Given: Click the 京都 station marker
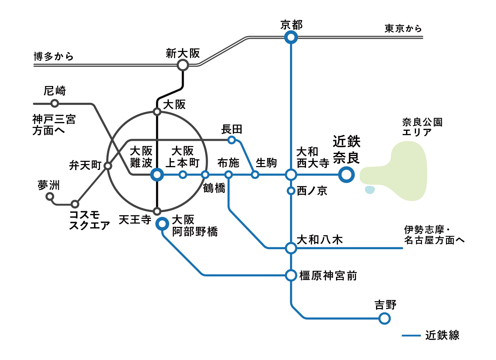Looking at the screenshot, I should (x=291, y=38).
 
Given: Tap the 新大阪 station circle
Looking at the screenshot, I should (x=183, y=65).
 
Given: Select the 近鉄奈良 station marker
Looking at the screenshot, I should (x=346, y=175).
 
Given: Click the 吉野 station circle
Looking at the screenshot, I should (x=384, y=318).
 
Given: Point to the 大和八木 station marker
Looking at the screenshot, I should (x=291, y=248).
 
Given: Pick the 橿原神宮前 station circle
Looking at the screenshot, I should (x=291, y=275).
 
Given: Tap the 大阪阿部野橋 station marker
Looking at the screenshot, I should (x=162, y=224).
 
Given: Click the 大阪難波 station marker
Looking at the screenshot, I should (x=157, y=175).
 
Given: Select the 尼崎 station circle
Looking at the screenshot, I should (x=55, y=104).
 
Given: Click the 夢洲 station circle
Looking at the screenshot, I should (x=50, y=196).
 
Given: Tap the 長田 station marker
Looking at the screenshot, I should (x=231, y=140).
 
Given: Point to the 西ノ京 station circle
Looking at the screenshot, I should (x=291, y=191).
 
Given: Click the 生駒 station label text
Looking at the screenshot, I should (x=266, y=163).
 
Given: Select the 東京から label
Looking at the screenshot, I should (x=403, y=29).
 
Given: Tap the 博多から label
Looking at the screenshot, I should (x=54, y=56).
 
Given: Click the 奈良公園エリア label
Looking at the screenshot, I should (x=422, y=127).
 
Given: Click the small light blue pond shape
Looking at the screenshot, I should (x=370, y=190).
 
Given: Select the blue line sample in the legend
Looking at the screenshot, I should (x=411, y=335).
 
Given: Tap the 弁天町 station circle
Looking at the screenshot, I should (x=108, y=166).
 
